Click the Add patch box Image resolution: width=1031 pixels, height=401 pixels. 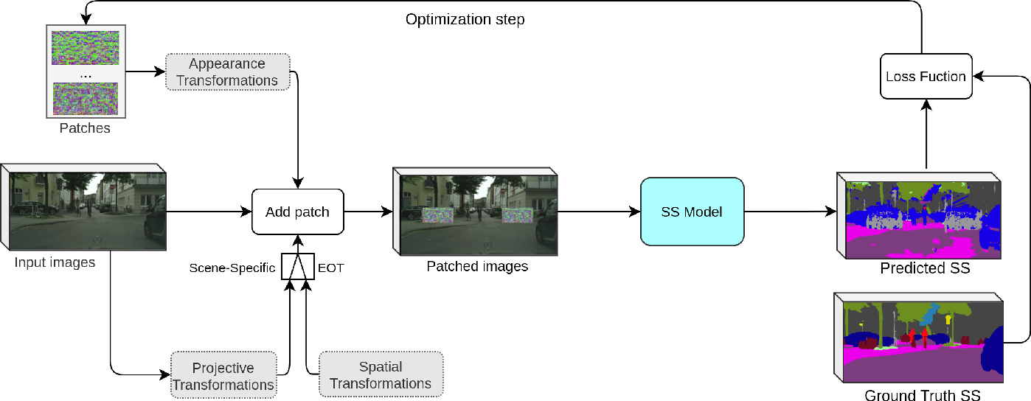[297, 212]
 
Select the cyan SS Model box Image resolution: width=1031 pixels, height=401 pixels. [692, 212]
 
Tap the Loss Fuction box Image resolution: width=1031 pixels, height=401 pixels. [926, 77]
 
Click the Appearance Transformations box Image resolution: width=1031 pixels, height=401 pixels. [227, 72]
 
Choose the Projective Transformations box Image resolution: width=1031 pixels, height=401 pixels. [223, 376]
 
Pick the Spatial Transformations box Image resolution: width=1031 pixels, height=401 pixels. [381, 374]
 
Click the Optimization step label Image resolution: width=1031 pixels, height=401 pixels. [465, 20]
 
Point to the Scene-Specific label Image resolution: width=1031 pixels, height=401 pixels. [232, 268]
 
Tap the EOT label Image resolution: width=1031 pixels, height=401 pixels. [331, 268]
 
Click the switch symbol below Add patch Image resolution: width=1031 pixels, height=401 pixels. [297, 267]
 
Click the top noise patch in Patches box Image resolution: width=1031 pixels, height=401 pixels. [86, 47]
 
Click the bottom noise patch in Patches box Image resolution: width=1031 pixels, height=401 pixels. [86, 98]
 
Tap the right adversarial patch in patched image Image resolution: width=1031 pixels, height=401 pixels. [517, 215]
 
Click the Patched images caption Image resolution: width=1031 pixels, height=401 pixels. [477, 266]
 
